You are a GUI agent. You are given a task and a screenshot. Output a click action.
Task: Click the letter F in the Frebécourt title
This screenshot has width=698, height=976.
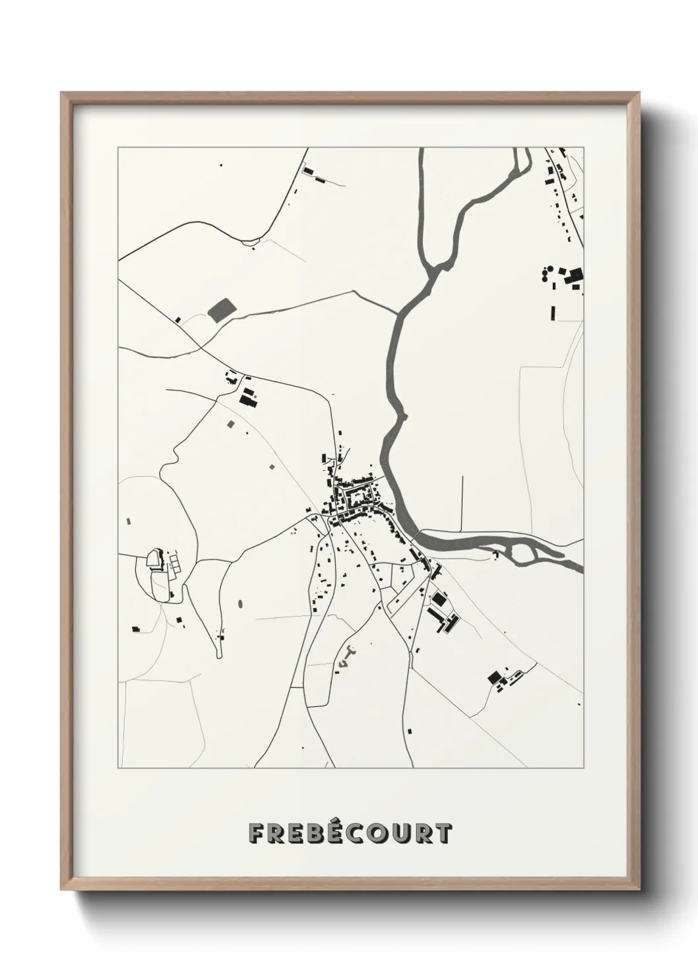tap(257, 834)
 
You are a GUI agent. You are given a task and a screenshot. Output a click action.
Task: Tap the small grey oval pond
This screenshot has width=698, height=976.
tap(239, 603)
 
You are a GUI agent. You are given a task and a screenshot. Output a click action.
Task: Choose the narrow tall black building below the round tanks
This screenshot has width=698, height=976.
tap(553, 312)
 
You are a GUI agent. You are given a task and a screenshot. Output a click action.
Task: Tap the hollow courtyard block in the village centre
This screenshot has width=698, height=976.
tap(360, 494)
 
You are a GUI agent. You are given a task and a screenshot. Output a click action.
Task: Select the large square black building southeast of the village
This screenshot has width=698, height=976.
tap(439, 599)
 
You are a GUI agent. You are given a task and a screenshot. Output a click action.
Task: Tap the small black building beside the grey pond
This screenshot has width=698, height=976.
tap(177, 320)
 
